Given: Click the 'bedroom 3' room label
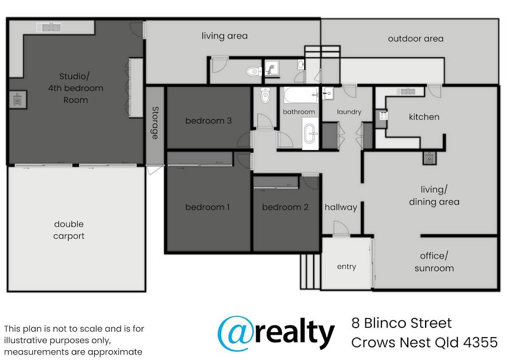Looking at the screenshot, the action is click(x=208, y=121).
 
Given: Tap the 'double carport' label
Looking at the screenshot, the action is click(x=69, y=230).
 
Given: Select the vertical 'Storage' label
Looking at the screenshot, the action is click(x=155, y=123).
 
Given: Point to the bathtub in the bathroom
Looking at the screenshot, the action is click(x=301, y=95).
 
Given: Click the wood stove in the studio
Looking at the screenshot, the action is click(x=18, y=99).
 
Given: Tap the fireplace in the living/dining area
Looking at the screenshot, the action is click(x=429, y=158).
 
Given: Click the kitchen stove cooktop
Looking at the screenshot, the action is click(x=383, y=116).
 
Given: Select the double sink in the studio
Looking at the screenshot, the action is click(x=49, y=27).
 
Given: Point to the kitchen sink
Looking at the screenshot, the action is click(x=406, y=91).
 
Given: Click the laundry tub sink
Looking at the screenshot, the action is click(x=328, y=93).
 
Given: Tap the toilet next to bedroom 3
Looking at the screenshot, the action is click(x=266, y=95).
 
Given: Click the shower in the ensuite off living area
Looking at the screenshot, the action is click(x=272, y=67).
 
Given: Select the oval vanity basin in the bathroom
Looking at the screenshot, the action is click(x=310, y=134).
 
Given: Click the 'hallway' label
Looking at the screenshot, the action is click(x=341, y=208).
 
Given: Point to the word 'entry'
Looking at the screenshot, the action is click(x=347, y=267).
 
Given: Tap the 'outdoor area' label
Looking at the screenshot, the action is click(x=416, y=39).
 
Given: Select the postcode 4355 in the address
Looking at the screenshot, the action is click(x=480, y=342).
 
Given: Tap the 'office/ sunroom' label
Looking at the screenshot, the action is click(x=434, y=262).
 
